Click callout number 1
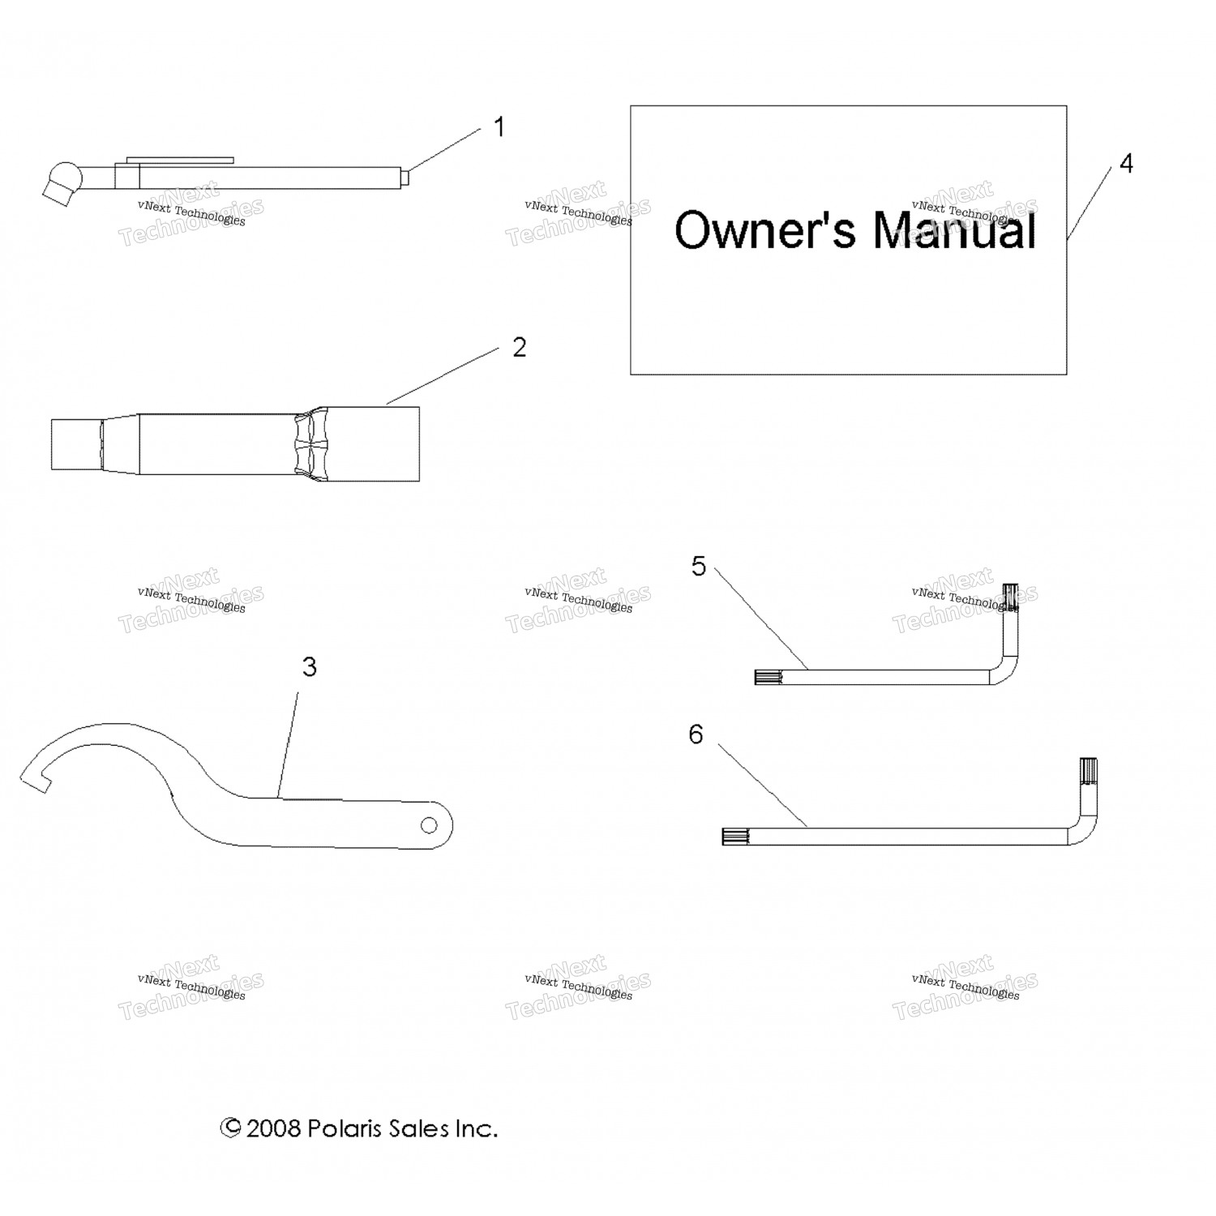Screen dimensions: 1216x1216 pos(499,127)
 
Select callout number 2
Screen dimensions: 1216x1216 pos(519,347)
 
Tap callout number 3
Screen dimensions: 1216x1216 pos(309,667)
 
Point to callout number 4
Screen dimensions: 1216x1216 pos(1126,164)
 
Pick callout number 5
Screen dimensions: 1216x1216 pos(699,567)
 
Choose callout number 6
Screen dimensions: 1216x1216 pos(696,734)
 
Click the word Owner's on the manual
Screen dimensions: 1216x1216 pos(764,230)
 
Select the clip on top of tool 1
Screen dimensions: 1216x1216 pos(181,161)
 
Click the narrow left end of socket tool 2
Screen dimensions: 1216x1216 pos(75,443)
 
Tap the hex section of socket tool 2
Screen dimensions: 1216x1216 pos(310,443)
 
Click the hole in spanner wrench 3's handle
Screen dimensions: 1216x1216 pos(428,825)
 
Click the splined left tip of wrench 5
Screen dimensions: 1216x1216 pos(768,677)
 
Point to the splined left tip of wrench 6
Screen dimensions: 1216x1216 pos(734,837)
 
